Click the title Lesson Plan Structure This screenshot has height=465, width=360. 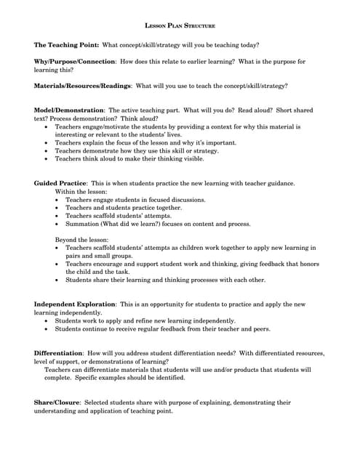tap(180, 25)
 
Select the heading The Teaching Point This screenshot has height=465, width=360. tap(66, 45)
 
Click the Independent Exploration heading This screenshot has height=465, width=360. tap(75, 304)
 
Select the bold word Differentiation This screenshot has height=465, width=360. tap(59, 353)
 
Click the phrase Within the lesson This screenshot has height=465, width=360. tap(81, 191)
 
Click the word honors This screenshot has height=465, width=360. tap(308, 264)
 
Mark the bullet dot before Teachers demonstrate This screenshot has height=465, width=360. tap(57, 151)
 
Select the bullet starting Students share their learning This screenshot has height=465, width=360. tap(165, 280)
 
